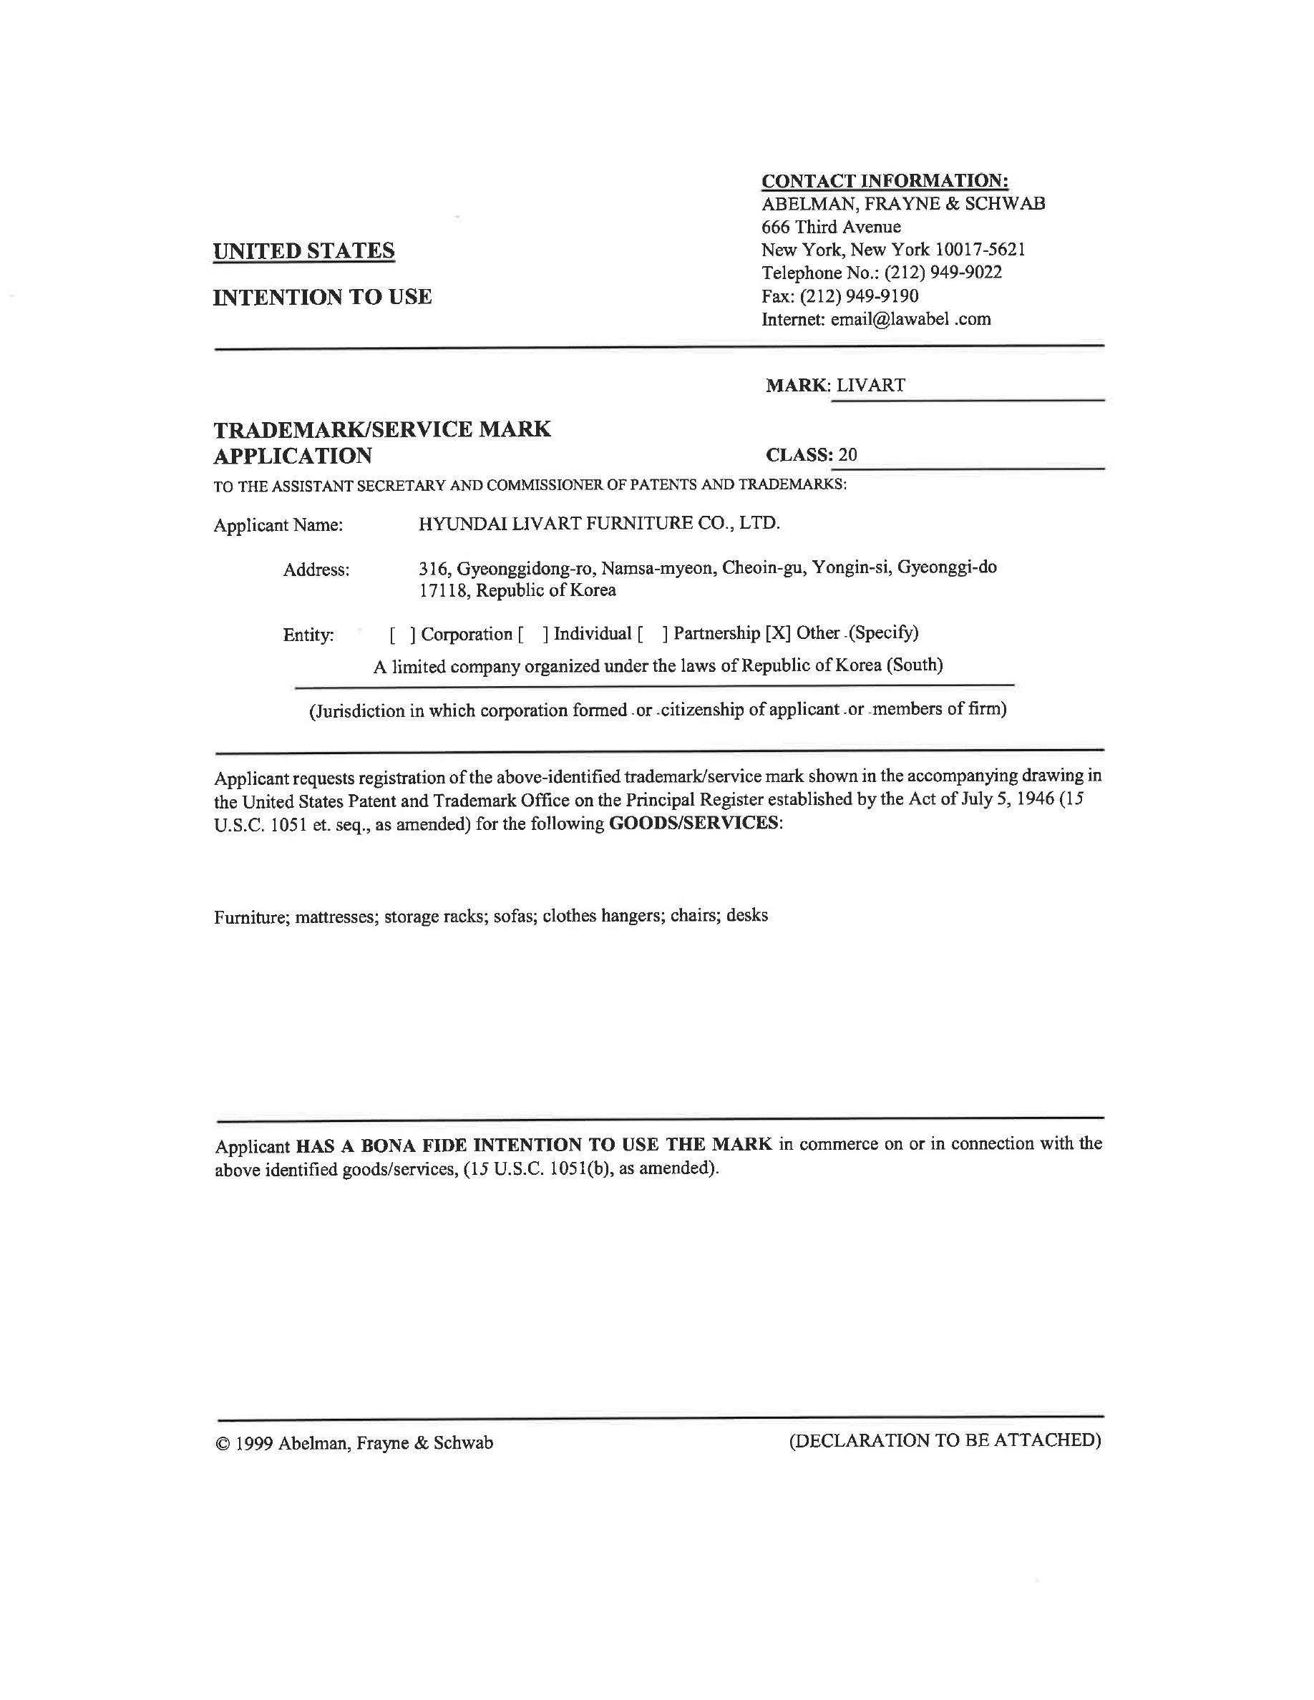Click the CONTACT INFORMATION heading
(885, 180)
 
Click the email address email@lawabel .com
(910, 319)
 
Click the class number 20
(847, 454)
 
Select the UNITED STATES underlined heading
(303, 250)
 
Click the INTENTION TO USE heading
(322, 296)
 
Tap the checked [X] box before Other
(778, 632)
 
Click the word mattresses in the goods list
(337, 916)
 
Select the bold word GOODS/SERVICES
(693, 823)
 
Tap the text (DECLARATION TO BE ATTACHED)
(945, 1441)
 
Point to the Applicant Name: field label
(278, 525)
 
